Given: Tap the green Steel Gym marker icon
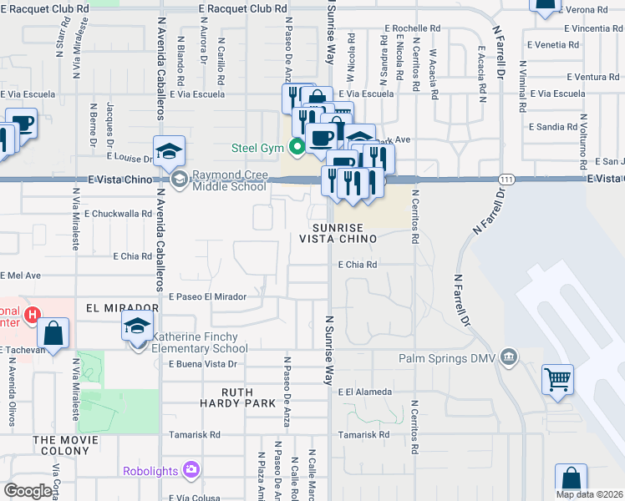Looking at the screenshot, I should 297,149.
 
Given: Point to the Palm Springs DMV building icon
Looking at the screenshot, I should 508,359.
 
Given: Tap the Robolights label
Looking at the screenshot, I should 150,471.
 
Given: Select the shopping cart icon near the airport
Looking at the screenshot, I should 557,379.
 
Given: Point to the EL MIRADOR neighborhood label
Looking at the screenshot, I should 122,308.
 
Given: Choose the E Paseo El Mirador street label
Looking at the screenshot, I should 207,297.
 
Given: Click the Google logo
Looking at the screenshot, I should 28,491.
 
